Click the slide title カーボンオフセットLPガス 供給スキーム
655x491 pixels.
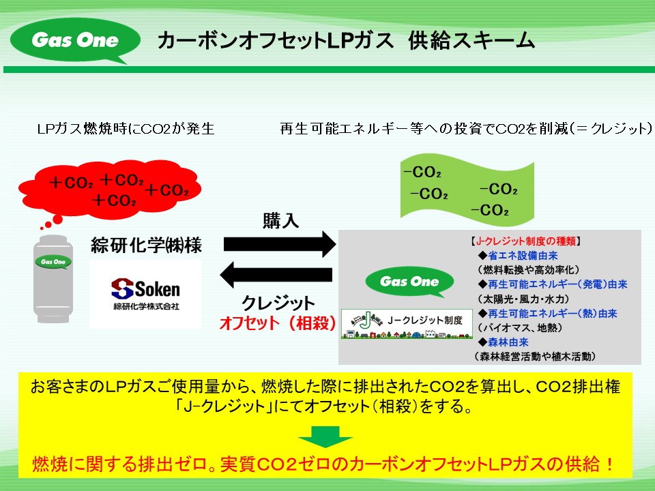[345, 41]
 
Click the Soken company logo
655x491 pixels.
[145, 294]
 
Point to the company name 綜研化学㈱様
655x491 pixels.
[146, 245]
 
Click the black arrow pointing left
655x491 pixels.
[276, 276]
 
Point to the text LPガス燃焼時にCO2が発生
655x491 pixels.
[126, 129]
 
